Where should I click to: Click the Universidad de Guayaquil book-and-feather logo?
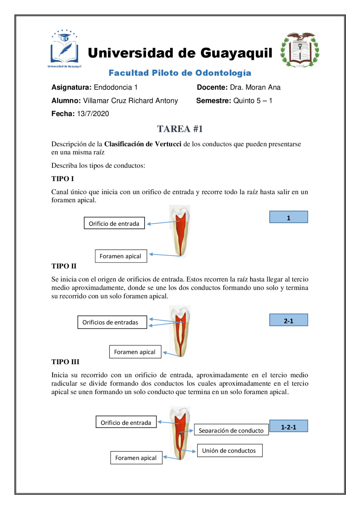point(64,48)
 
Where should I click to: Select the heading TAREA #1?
point(180,129)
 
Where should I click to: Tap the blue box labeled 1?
point(289,217)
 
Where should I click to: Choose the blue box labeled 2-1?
point(289,320)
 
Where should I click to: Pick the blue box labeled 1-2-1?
point(289,426)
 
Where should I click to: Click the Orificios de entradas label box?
point(112,322)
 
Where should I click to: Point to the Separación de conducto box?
point(231,430)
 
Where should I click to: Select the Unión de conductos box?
point(229,450)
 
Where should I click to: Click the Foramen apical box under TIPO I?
point(121,256)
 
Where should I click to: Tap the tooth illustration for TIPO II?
point(180,332)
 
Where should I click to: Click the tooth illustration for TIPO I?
point(180,231)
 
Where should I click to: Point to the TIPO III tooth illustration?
point(180,433)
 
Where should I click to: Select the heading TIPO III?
point(65,362)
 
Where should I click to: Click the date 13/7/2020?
point(93,114)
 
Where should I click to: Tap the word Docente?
point(212,87)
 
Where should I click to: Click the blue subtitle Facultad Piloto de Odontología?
point(180,73)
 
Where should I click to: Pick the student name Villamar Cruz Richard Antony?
point(130,101)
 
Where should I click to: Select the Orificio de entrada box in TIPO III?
point(126,422)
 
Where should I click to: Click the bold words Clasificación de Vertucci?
point(143,144)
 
